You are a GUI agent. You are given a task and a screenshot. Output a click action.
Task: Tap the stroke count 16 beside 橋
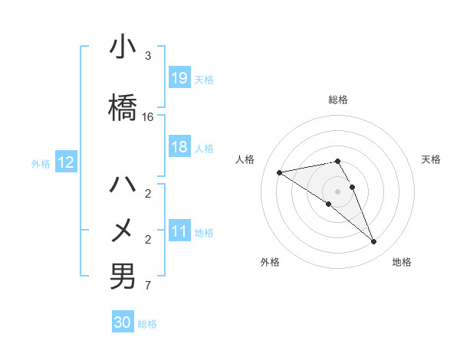pos(148,117)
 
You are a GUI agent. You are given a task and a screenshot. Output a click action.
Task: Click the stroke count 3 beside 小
pos(148,56)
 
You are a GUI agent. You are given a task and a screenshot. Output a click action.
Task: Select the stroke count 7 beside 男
pos(148,286)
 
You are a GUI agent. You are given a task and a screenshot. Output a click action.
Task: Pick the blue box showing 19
pos(179,78)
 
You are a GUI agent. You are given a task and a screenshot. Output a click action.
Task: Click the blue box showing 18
pos(179,147)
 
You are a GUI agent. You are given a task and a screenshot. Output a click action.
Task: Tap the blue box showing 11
pos(179,231)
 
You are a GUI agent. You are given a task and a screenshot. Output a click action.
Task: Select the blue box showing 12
pos(66,162)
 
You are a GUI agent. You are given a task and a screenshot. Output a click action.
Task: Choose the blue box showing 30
pos(123,322)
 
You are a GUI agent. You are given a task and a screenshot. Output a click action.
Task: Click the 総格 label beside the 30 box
pos(147,324)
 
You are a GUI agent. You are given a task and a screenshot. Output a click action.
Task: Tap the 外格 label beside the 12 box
pos(41,163)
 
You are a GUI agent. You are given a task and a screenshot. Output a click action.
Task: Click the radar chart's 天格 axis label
pos(431,159)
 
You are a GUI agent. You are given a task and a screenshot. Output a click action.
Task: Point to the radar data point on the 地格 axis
pos(373,242)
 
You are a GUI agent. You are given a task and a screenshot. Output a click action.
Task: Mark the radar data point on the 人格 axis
pos(280,172)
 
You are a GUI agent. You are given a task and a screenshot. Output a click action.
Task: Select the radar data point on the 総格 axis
pos(337,162)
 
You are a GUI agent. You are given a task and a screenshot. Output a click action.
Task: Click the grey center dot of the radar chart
pos(337,191)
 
